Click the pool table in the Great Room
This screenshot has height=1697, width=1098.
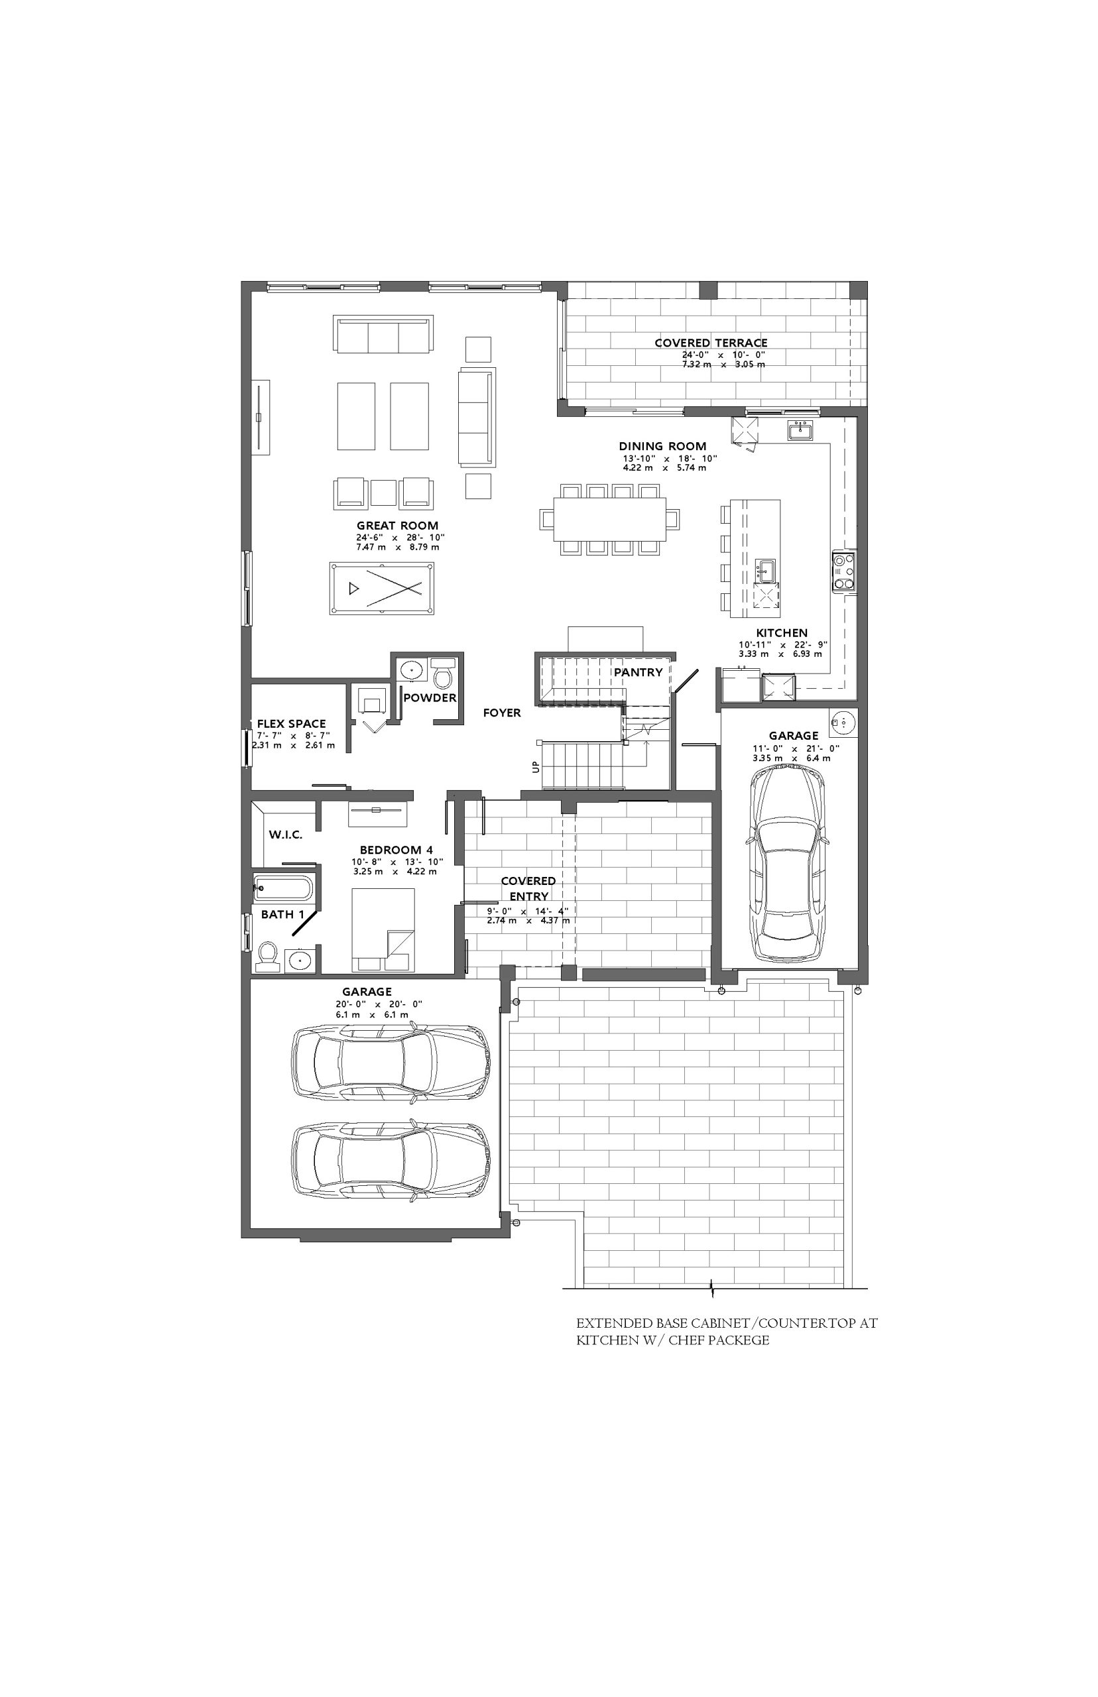pyautogui.click(x=382, y=588)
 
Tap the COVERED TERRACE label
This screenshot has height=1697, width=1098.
pyautogui.click(x=711, y=343)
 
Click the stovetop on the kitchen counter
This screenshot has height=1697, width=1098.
pyautogui.click(x=844, y=571)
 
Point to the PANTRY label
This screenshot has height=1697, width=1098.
pyautogui.click(x=638, y=672)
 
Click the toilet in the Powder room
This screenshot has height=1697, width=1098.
pyautogui.click(x=442, y=673)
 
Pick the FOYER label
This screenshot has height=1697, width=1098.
pyautogui.click(x=502, y=713)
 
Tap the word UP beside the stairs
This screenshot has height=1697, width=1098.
pyautogui.click(x=536, y=767)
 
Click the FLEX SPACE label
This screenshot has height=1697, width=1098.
pyautogui.click(x=292, y=723)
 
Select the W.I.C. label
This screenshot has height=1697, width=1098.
pyautogui.click(x=286, y=835)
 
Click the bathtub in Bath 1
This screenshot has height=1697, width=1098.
pyautogui.click(x=283, y=889)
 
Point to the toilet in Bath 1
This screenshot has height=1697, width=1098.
pyautogui.click(x=268, y=957)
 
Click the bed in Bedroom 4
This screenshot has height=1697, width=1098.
pyautogui.click(x=383, y=929)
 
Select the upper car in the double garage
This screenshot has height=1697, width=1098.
pyautogui.click(x=391, y=1061)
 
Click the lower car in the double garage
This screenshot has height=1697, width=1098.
pyautogui.click(x=391, y=1160)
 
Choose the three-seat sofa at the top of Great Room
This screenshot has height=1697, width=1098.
pyautogui.click(x=383, y=333)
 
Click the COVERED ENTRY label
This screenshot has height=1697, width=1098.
pyautogui.click(x=528, y=889)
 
